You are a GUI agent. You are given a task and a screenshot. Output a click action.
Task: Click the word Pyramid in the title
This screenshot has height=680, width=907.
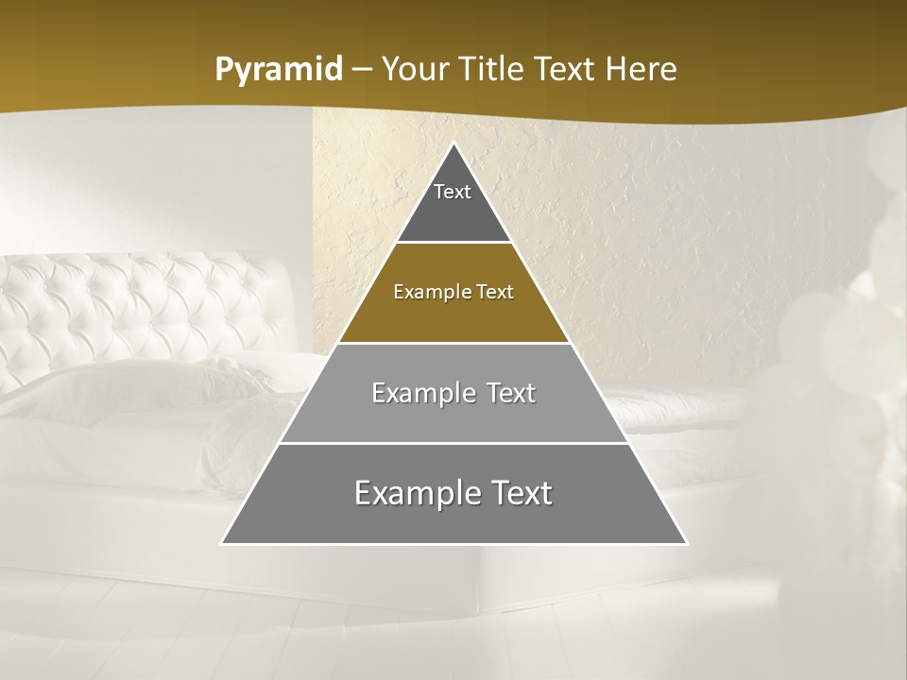point(279,70)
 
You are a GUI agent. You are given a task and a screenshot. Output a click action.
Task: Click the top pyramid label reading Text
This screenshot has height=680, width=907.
point(453,192)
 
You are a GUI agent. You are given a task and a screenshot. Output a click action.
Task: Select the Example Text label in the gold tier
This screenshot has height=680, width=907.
point(453,292)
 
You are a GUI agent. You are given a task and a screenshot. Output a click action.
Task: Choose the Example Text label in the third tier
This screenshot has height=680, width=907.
point(453,393)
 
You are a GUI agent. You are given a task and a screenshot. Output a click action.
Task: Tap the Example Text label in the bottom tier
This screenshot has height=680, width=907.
point(453,493)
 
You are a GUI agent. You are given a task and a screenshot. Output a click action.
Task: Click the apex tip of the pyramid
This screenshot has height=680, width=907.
point(453,144)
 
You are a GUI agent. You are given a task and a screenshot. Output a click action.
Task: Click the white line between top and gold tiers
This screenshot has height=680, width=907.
point(453,243)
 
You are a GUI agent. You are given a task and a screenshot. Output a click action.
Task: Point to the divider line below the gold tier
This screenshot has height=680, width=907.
point(453,343)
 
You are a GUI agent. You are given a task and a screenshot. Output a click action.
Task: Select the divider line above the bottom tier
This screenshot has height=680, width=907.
point(453,443)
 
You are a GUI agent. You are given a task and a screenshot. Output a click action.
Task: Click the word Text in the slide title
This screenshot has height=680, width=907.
point(567,70)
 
